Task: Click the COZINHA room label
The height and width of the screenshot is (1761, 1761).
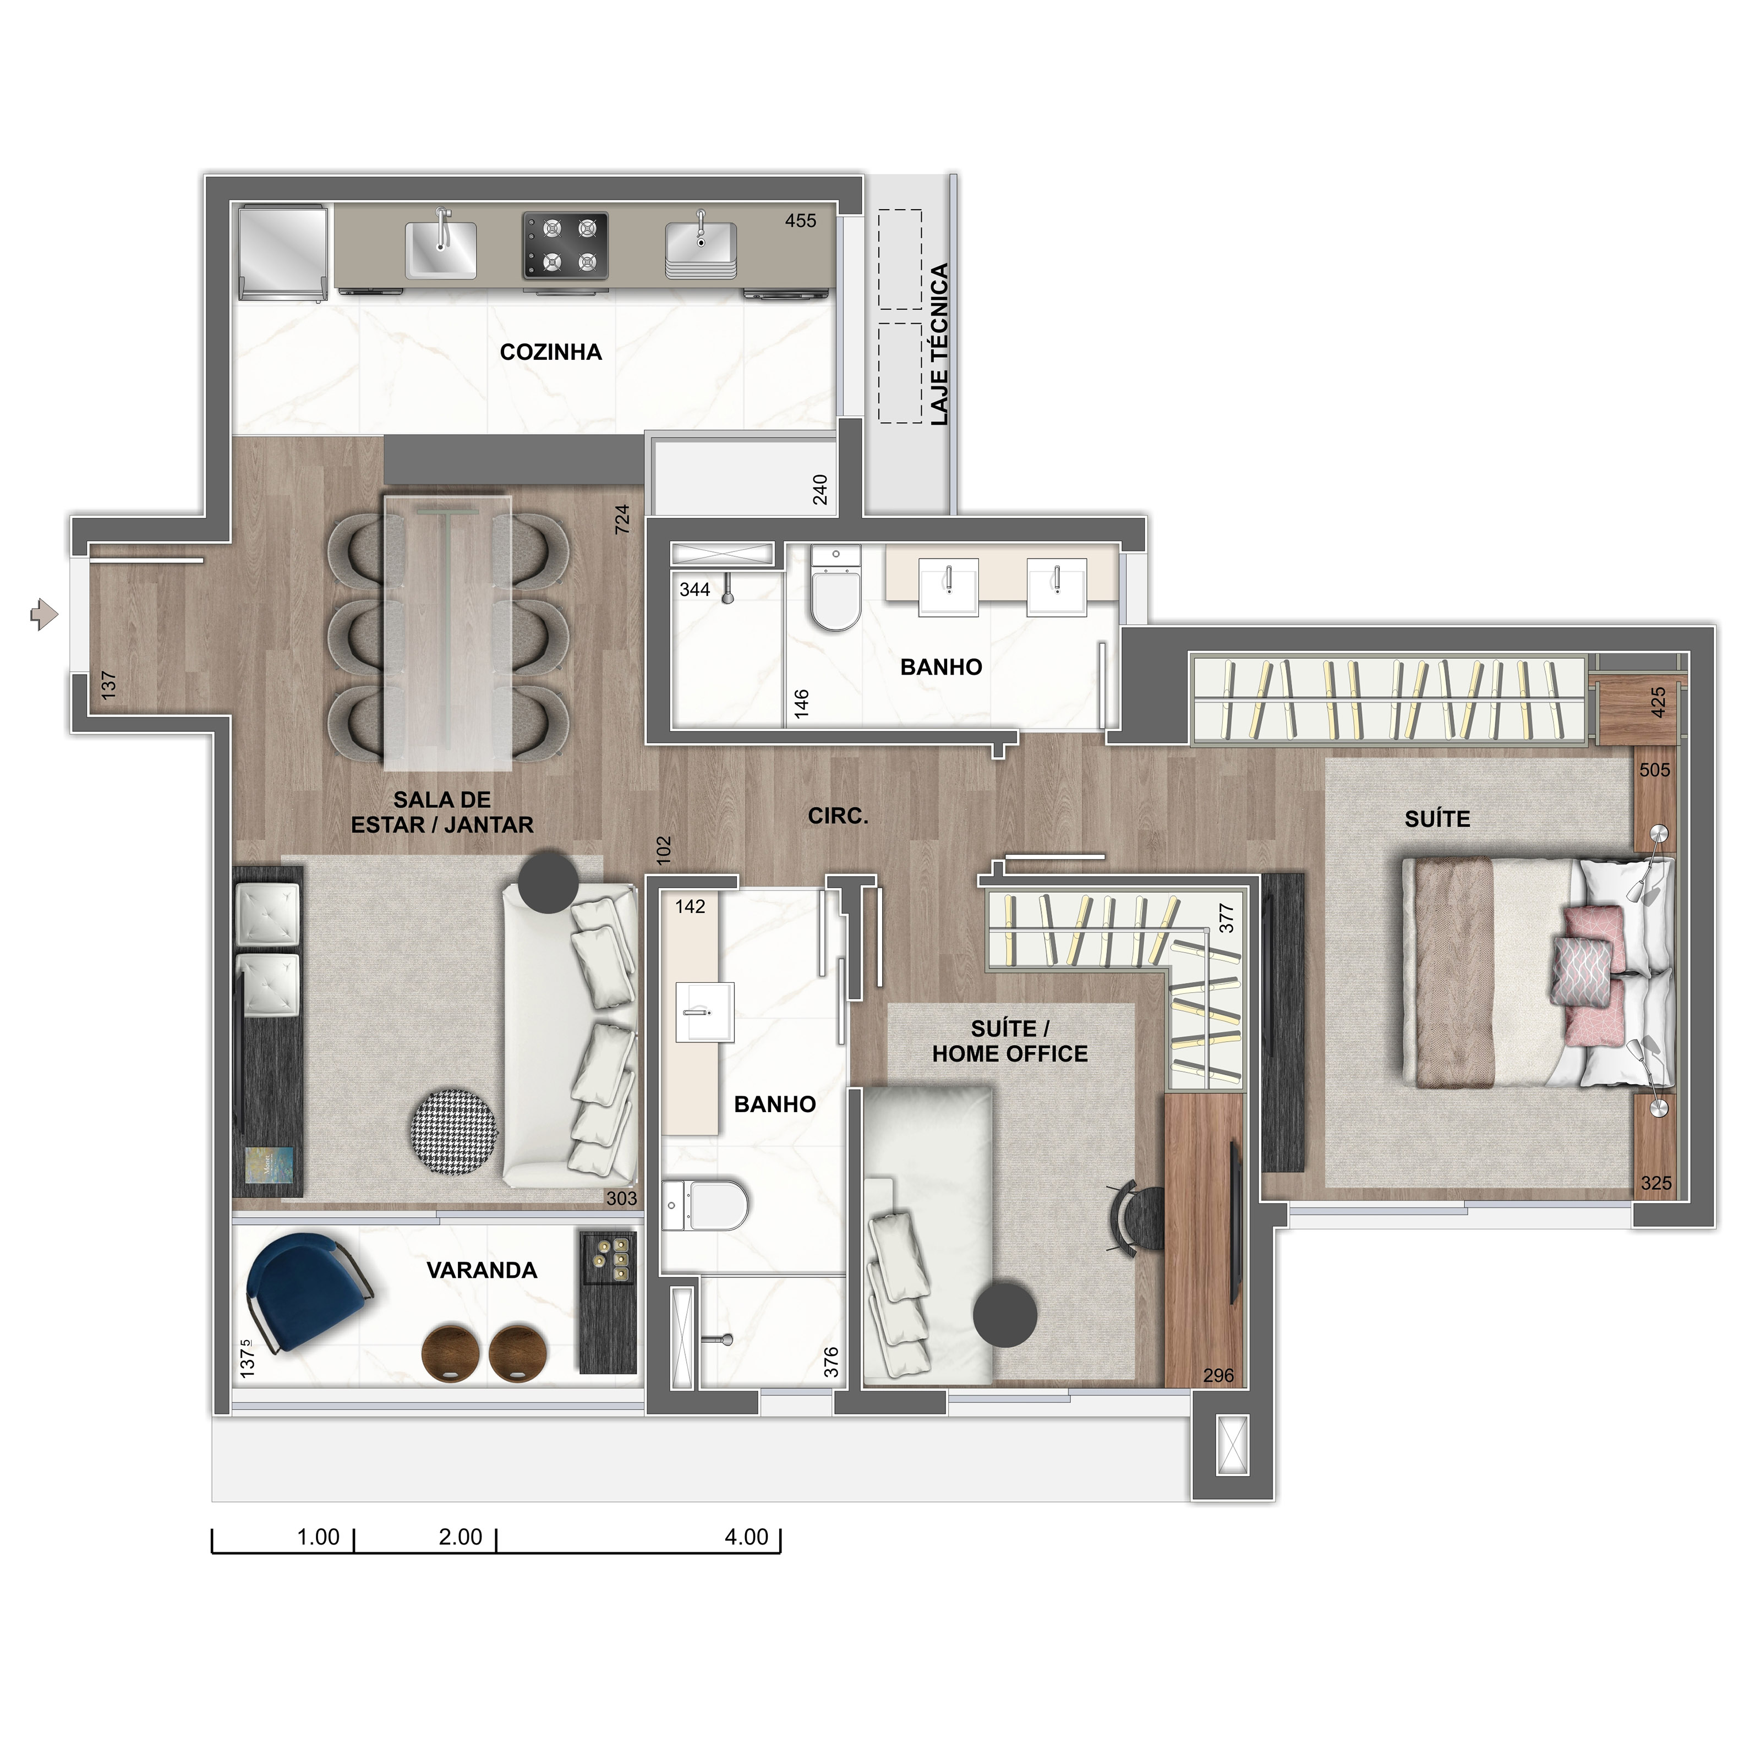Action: pos(550,353)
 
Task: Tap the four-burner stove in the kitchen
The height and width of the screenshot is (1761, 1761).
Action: pos(565,246)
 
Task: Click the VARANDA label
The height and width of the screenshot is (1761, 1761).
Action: pos(482,1271)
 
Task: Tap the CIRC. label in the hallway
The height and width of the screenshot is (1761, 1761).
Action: pos(838,817)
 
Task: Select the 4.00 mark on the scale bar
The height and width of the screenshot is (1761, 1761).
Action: pos(747,1537)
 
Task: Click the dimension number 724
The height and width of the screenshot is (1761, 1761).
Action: pos(622,519)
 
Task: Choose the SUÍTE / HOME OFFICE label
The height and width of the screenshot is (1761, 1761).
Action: pos(1010,1042)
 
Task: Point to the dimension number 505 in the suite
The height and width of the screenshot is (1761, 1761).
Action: pos(1654,770)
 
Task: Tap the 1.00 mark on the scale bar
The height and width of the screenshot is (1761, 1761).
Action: pos(318,1537)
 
